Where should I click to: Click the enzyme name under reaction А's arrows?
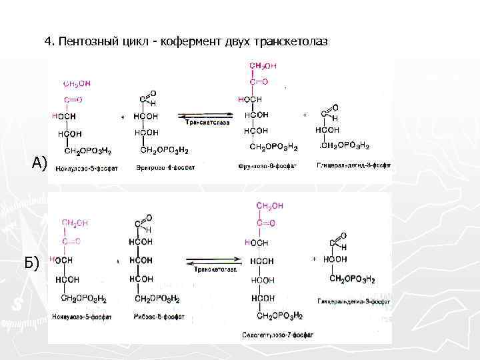point(207,123)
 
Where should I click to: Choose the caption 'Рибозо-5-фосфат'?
point(159,317)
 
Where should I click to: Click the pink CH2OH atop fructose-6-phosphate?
point(263,66)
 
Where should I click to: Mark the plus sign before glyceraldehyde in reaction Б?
point(313,259)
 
